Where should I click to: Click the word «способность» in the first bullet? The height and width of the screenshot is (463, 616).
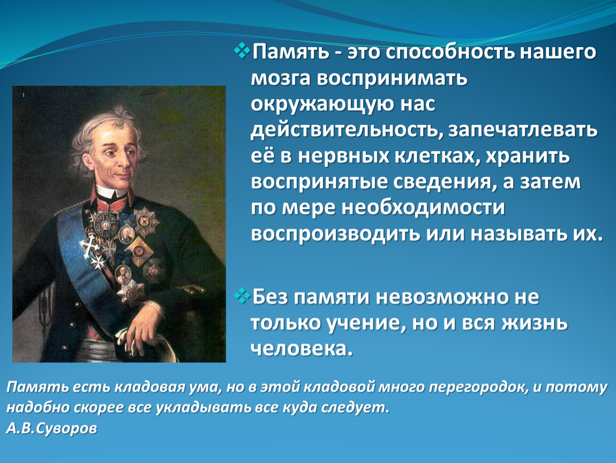pyautogui.click(x=450, y=53)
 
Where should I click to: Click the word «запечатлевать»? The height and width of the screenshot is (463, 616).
pyautogui.click(x=523, y=131)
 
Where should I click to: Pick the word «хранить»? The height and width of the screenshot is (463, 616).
pyautogui.click(x=528, y=156)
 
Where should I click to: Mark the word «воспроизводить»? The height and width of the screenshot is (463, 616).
pyautogui.click(x=335, y=234)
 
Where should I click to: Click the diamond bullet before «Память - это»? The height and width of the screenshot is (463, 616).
pyautogui.click(x=242, y=51)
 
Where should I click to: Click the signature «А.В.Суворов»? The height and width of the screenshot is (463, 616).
pyautogui.click(x=51, y=428)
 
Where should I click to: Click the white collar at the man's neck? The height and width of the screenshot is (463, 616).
pyautogui.click(x=111, y=192)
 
